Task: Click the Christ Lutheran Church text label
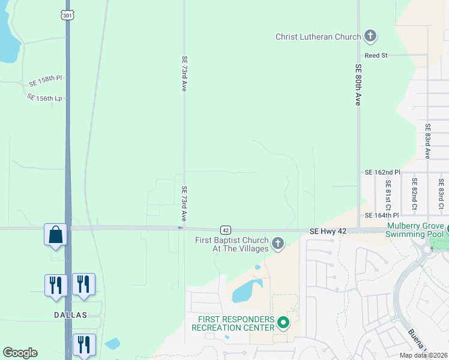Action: tap(318, 37)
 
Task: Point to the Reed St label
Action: tap(376, 55)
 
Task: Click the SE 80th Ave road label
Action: tap(358, 85)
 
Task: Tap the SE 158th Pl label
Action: tap(45, 79)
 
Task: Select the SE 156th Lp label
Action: tap(44, 97)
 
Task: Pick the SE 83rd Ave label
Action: tap(427, 141)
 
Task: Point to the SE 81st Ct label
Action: tap(389, 194)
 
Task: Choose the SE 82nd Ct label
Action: tap(414, 194)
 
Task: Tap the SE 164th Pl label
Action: tap(382, 215)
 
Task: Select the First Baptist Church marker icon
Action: tap(277, 243)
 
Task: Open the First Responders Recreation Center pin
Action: tap(283, 323)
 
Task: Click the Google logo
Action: tap(20, 353)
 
